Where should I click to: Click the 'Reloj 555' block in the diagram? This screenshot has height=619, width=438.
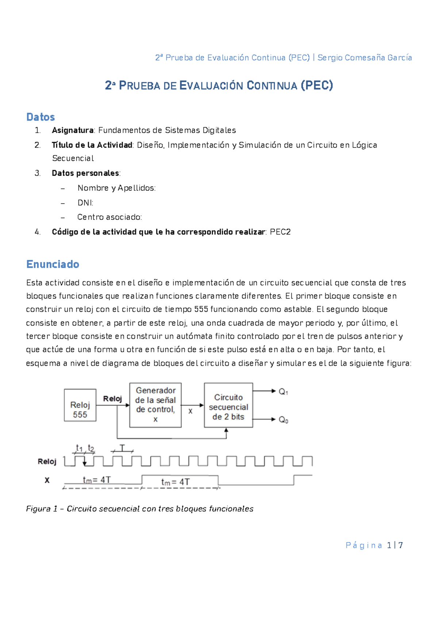click(80, 405)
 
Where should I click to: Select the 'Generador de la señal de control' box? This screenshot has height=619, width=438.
click(155, 405)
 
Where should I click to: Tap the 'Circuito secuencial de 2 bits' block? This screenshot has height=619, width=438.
click(228, 405)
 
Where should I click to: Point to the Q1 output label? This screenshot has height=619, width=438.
click(284, 392)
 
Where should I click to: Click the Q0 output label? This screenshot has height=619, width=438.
click(284, 420)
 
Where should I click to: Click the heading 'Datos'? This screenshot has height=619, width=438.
click(41, 117)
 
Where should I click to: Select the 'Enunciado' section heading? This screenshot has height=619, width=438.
click(53, 264)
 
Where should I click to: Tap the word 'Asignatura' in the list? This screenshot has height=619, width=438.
click(73, 130)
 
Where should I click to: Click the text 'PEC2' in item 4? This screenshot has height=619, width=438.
click(280, 232)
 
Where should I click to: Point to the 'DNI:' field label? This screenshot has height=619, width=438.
click(85, 203)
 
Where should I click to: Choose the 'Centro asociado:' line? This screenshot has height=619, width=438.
click(109, 218)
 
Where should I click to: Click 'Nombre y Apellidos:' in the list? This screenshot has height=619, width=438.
click(116, 188)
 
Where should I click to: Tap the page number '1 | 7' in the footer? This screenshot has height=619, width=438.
click(395, 546)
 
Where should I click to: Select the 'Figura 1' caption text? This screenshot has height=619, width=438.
click(139, 509)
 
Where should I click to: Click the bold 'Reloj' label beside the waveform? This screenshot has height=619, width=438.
click(47, 462)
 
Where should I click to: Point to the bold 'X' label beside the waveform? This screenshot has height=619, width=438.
click(47, 480)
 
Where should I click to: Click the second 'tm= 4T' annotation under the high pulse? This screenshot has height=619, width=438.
click(175, 482)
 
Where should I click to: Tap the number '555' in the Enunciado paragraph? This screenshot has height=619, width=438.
click(201, 309)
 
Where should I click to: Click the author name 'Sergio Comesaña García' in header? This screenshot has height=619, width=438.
click(365, 58)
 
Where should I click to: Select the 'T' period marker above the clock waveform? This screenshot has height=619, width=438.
click(122, 448)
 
